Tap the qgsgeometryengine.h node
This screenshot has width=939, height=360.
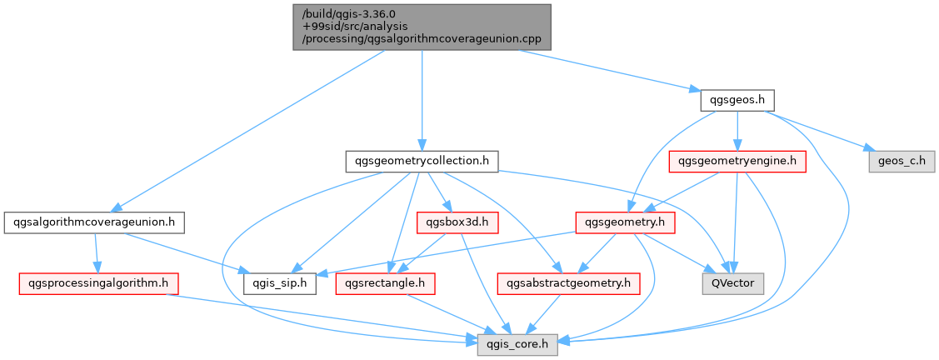pyautogui.click(x=737, y=161)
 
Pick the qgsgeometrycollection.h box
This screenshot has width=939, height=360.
pyautogui.click(x=422, y=161)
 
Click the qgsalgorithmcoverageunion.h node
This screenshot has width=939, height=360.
pyautogui.click(x=94, y=222)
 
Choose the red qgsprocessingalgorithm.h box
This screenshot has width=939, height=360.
pyautogui.click(x=93, y=283)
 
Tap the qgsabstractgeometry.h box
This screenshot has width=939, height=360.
pyautogui.click(x=568, y=283)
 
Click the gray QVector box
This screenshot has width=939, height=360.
pyautogui.click(x=728, y=283)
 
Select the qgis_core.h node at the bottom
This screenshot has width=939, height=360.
pyautogui.click(x=517, y=343)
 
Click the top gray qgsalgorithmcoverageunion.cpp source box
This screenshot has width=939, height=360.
pyautogui.click(x=422, y=27)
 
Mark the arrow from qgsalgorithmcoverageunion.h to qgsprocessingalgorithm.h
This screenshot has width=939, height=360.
pyautogui.click(x=97, y=252)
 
